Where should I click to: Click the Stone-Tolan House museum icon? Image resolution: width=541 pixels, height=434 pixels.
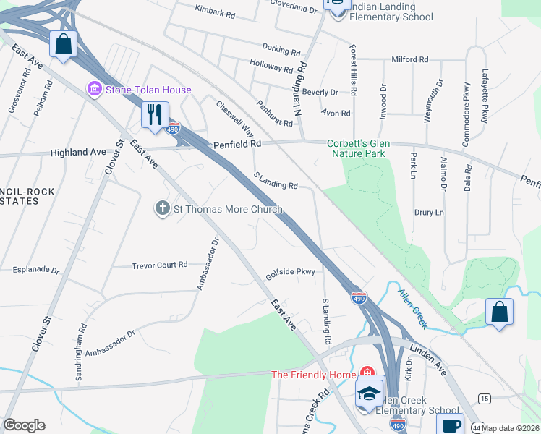[x=93, y=90]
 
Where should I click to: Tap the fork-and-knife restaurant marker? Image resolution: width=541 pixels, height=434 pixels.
[x=155, y=115]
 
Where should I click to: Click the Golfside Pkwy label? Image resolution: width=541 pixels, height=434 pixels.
[x=291, y=273]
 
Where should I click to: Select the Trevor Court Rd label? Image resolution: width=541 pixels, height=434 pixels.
[x=160, y=265]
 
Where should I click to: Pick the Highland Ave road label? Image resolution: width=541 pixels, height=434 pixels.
[x=78, y=153]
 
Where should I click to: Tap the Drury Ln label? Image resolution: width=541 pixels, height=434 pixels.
[x=429, y=213]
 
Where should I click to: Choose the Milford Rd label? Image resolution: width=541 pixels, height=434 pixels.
[x=410, y=59]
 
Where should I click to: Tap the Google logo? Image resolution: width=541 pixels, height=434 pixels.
[x=24, y=425]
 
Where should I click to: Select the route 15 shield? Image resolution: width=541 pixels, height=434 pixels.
[x=484, y=399]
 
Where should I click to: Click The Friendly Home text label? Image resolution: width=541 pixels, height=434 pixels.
[x=313, y=375]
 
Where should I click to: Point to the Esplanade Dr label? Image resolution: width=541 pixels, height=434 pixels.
[x=36, y=270]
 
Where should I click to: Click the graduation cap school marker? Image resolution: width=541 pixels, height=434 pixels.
[x=370, y=393]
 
